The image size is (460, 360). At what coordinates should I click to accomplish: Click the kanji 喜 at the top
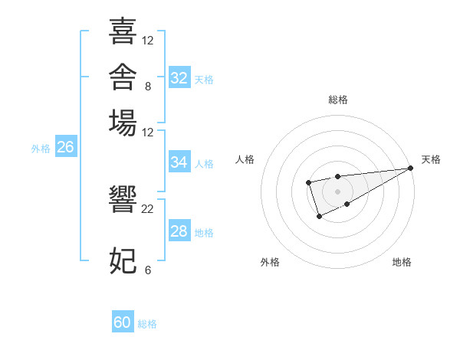coord(123,31)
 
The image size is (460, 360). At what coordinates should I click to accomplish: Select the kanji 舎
coord(123,77)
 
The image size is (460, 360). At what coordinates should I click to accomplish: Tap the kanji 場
coord(123,123)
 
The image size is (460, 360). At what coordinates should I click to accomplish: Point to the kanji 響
coord(123,198)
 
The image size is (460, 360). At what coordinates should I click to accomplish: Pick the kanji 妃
coord(123,260)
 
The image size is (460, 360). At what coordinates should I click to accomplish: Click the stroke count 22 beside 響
coord(147,209)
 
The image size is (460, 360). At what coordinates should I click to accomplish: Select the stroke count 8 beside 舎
coord(148,87)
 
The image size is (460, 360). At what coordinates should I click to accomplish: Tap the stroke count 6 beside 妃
coord(148,270)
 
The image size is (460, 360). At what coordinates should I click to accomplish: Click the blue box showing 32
coord(179,77)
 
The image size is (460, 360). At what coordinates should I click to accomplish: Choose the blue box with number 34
coord(179,162)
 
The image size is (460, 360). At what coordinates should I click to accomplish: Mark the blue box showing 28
coord(179,230)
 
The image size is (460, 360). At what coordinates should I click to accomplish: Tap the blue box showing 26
coord(66,146)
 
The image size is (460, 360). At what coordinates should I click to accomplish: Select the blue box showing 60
coord(123,321)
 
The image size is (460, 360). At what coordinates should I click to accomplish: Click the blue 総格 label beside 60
coord(147,324)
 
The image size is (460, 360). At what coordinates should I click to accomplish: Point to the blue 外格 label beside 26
coord(41,149)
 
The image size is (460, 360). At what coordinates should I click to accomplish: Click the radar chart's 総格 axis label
coord(338,100)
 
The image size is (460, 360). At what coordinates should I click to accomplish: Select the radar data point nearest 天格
coord(411,168)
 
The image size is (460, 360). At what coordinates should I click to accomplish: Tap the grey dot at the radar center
coord(337,191)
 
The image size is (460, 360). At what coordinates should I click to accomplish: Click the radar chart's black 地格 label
coord(402,262)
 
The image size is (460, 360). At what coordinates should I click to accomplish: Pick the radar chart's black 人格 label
coord(245,159)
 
